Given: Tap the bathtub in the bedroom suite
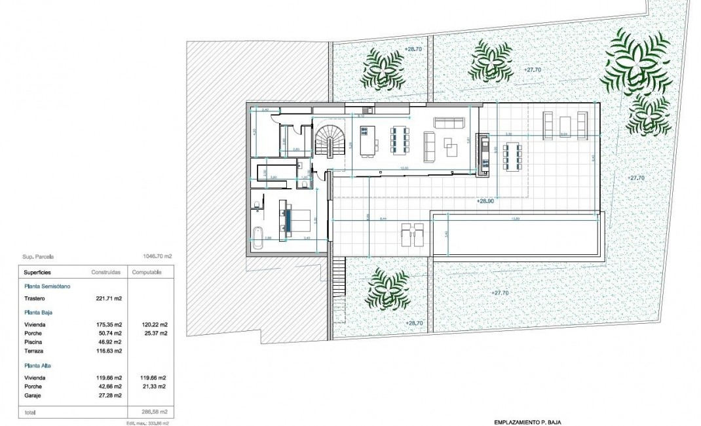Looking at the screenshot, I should (258, 237).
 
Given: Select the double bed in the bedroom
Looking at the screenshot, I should (292, 218).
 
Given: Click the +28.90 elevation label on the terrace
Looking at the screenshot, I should (486, 202).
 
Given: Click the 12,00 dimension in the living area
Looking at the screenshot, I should (404, 168).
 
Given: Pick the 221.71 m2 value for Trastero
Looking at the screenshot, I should (109, 298).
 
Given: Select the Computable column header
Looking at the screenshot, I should (147, 271).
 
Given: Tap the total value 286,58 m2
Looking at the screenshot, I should (155, 413).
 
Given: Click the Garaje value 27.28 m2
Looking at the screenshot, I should (109, 397).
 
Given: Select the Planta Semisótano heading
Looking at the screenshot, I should (47, 286).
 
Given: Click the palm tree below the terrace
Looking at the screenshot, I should (388, 289).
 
